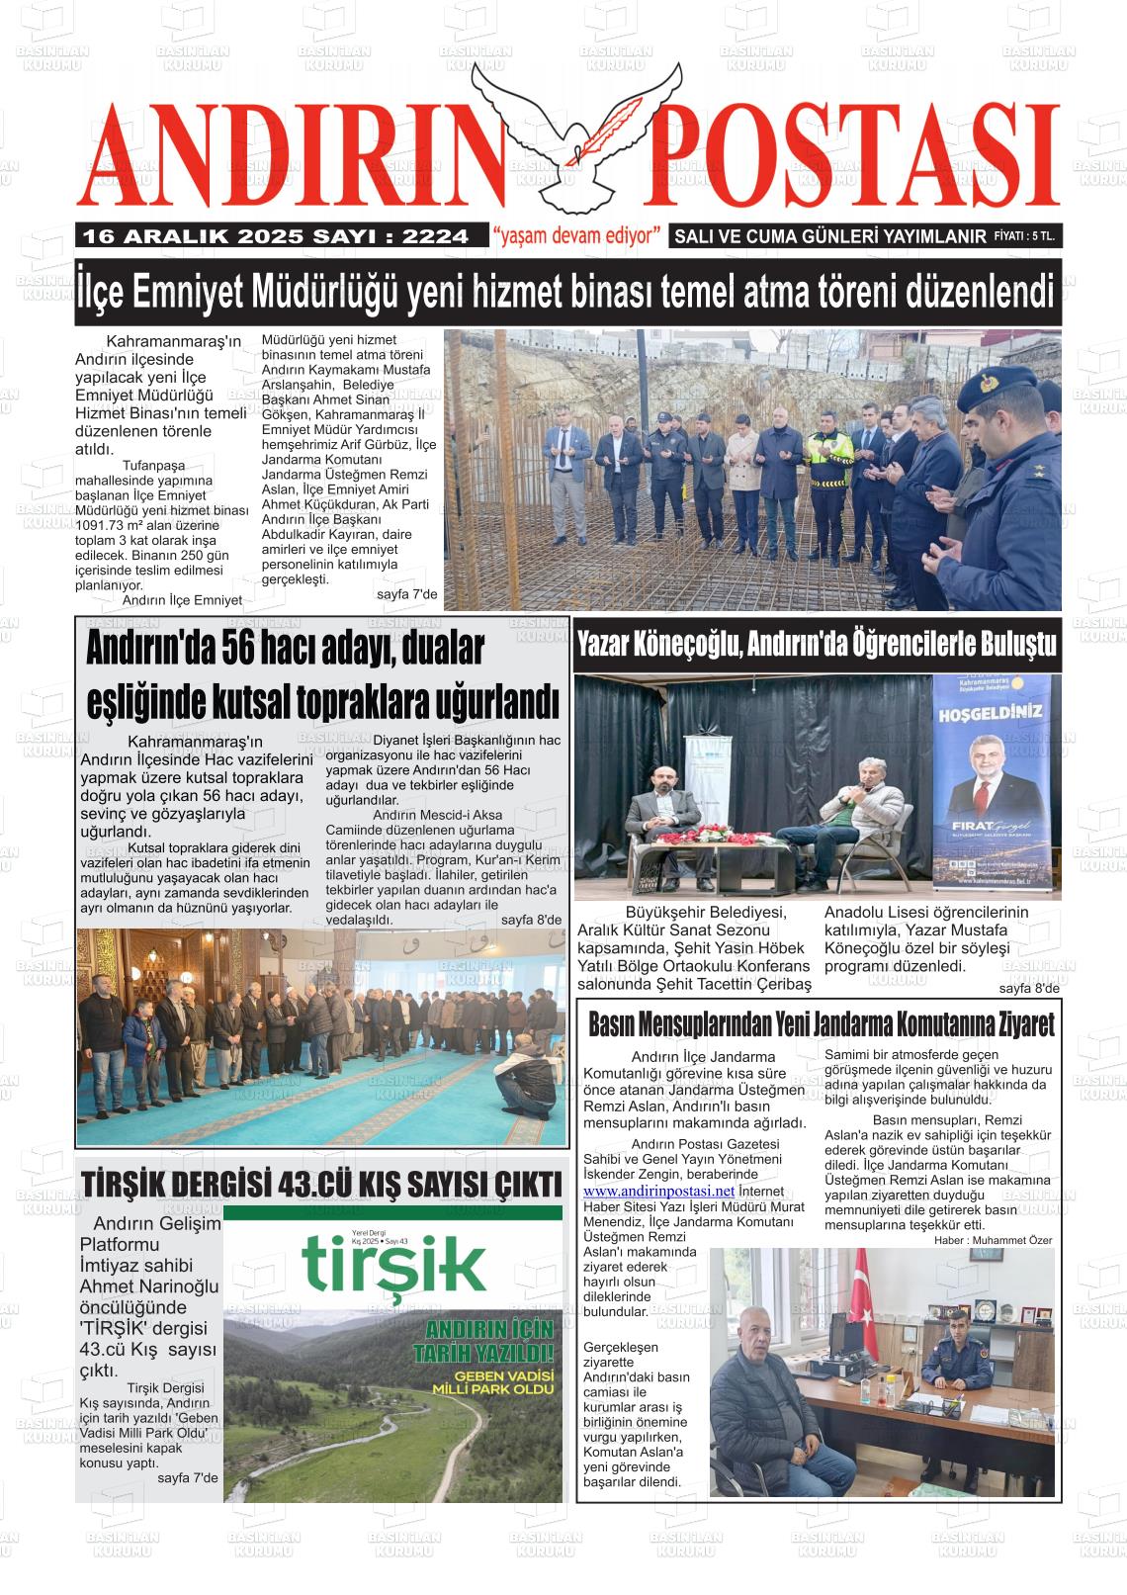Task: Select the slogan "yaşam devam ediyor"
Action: click(576, 236)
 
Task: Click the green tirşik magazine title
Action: click(394, 1261)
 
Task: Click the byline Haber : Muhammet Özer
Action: click(993, 1240)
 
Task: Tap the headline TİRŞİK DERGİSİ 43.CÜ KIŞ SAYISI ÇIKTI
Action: click(322, 1183)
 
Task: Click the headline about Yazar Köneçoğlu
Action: click(817, 646)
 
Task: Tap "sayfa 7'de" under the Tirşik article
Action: click(187, 1477)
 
